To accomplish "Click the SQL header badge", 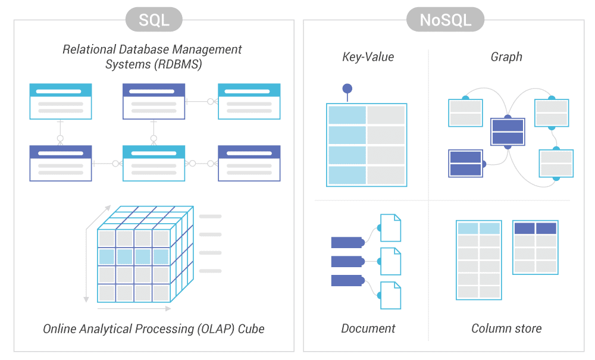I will [154, 20].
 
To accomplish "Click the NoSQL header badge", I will [445, 20].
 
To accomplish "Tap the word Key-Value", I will [368, 57].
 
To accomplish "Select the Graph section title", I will [506, 57].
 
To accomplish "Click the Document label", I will [368, 328].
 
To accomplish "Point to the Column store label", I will [506, 328].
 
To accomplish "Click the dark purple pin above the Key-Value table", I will [347, 89].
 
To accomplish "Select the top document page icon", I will [390, 227].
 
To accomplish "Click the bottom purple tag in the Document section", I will [347, 280].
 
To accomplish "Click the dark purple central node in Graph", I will [508, 132].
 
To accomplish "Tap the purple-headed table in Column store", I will [535, 248].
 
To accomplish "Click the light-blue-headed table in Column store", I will [479, 259].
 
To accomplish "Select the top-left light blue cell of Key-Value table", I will [347, 115].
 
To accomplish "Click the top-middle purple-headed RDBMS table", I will [154, 101].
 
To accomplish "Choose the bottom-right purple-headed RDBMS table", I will [249, 163].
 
